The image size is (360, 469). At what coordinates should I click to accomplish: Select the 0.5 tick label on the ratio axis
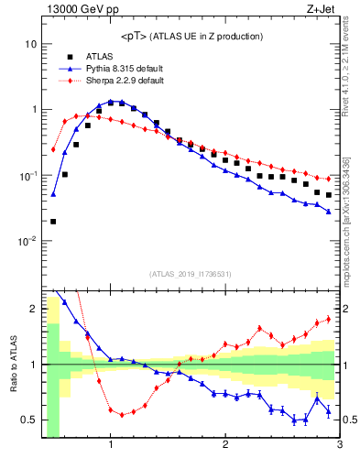[30, 420]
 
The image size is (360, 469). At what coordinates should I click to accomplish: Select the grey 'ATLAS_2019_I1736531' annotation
[191, 274]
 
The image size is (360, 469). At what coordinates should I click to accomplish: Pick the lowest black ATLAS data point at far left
[53, 221]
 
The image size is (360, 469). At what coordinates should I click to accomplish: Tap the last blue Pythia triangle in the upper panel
[328, 212]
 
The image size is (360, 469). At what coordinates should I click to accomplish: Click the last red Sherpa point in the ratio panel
[328, 319]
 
